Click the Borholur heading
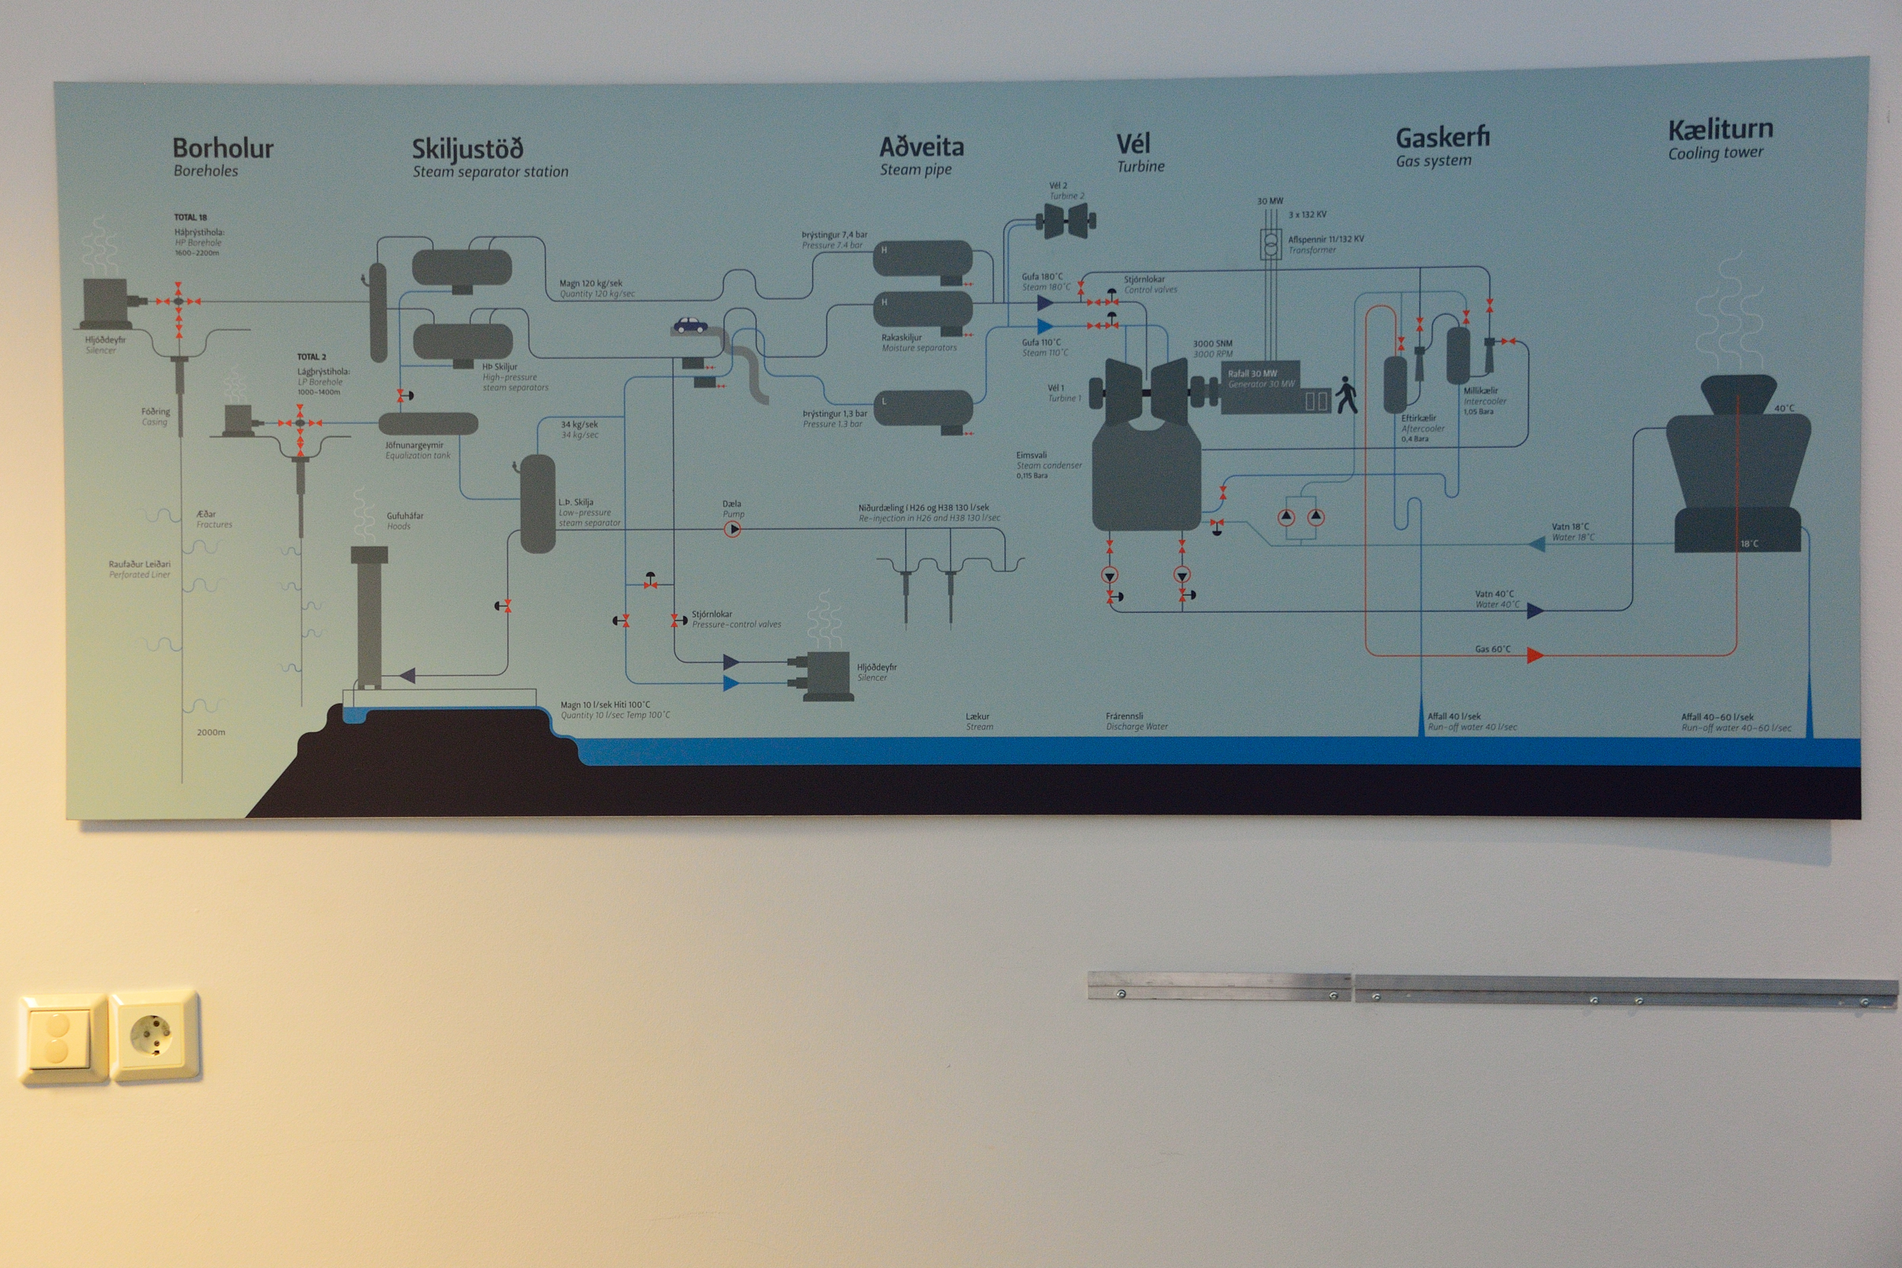point(223,149)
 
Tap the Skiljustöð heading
point(468,149)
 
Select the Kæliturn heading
point(1720,129)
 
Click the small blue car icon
point(689,325)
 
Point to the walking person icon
point(1346,395)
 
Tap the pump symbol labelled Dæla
point(731,529)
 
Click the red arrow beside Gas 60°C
point(1534,655)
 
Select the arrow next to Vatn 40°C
point(1534,610)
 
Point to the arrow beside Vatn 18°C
point(1537,544)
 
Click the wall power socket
point(153,1035)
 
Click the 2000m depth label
point(211,732)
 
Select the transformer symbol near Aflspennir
point(1270,244)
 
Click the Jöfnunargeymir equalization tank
point(428,423)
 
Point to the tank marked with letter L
point(922,407)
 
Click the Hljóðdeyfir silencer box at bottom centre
point(827,675)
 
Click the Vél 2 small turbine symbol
point(1066,220)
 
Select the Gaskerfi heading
point(1442,137)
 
